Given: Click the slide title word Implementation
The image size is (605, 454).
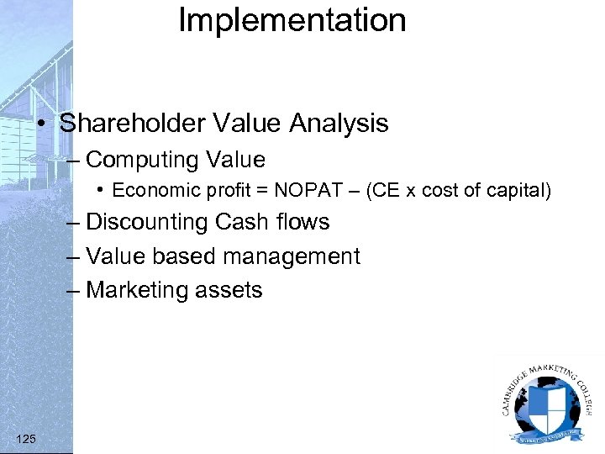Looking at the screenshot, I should [x=292, y=20].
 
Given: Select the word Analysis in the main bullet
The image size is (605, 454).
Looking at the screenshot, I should [x=339, y=124].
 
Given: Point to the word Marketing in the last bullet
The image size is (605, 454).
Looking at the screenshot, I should [x=139, y=290].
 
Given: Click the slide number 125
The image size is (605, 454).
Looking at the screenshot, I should [x=26, y=438].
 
